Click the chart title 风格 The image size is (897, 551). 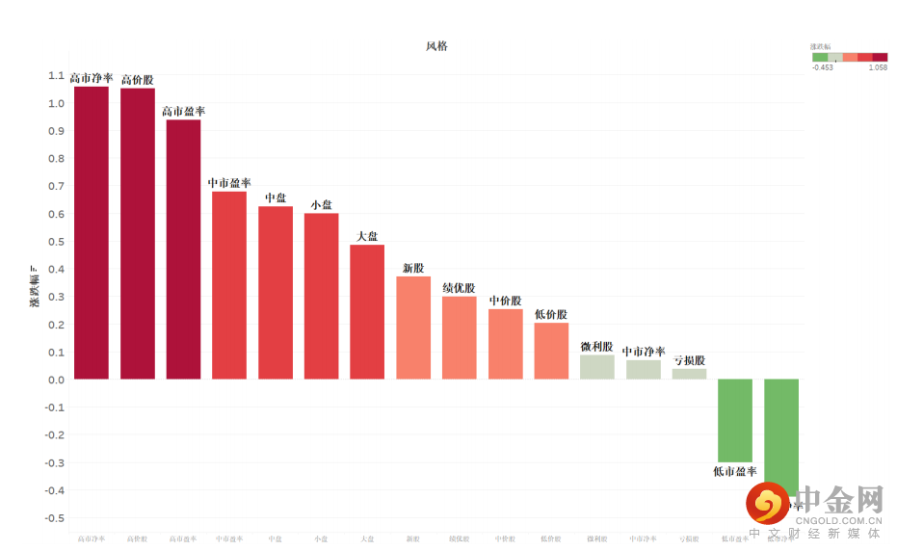[x=436, y=46]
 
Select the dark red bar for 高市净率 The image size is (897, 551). [x=92, y=232]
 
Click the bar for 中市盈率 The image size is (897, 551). [x=229, y=285]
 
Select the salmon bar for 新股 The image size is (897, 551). [x=413, y=328]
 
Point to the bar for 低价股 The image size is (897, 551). [x=551, y=351]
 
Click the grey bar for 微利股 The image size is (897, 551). [x=597, y=367]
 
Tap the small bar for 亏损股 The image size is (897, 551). [x=689, y=374]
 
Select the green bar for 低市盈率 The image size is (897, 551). [x=735, y=420]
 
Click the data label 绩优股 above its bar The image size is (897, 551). [x=459, y=288]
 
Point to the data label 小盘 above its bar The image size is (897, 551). [x=321, y=204]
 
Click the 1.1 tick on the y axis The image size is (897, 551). [x=55, y=75]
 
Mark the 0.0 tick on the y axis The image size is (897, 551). [x=55, y=380]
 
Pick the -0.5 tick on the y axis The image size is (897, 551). [x=53, y=518]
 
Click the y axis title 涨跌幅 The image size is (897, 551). [x=34, y=286]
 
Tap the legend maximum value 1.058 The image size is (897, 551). [x=877, y=67]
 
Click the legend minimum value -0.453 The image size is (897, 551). [x=823, y=67]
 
